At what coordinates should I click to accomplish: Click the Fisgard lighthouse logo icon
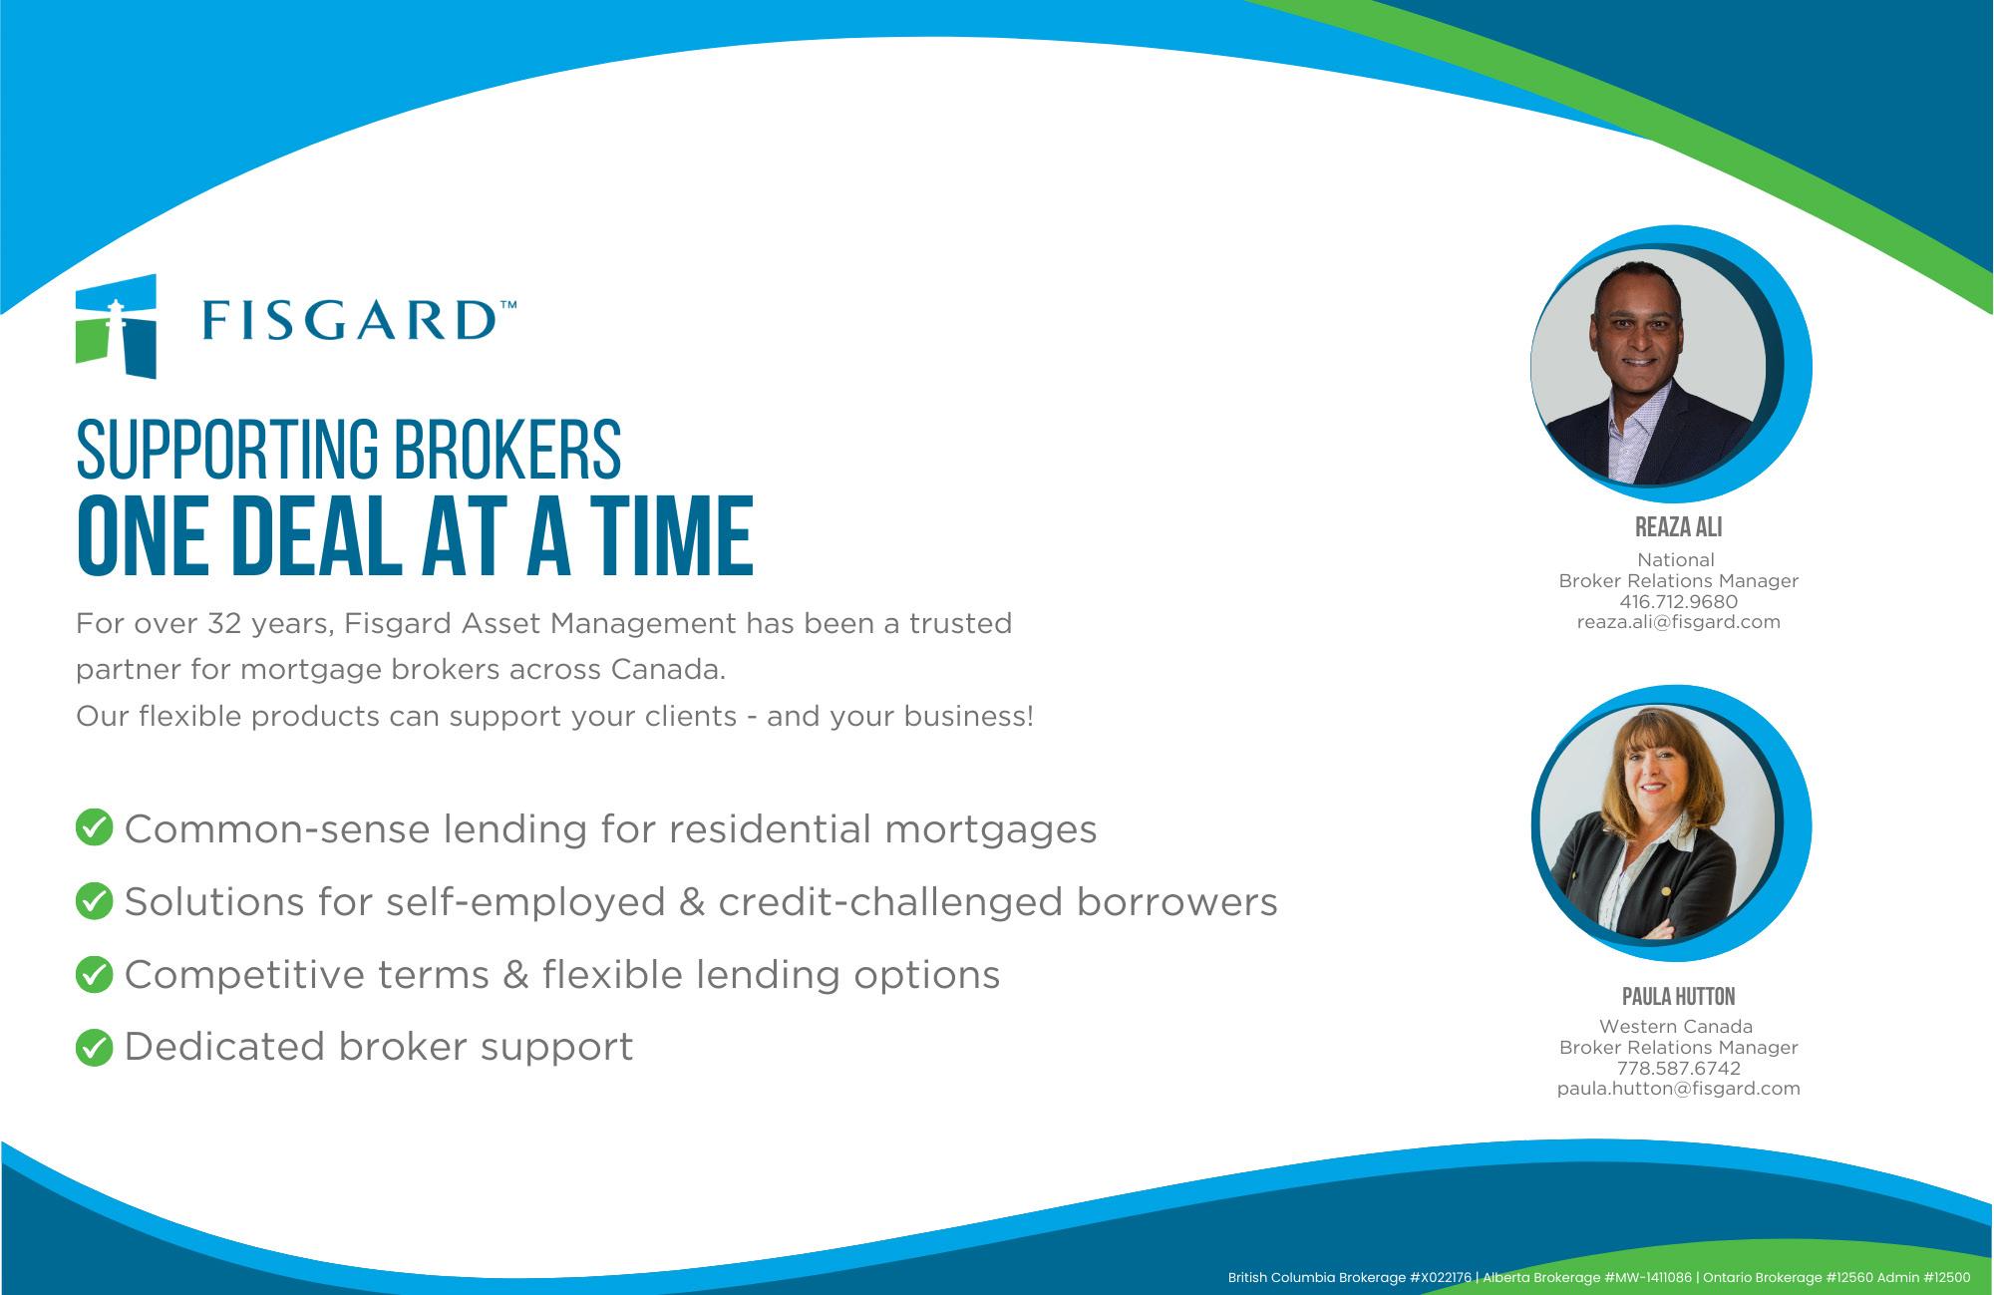pos(116,326)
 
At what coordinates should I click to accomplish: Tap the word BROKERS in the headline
pos(506,450)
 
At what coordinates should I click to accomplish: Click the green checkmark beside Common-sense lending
pos(94,827)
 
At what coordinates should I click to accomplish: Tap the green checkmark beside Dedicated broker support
pos(94,1047)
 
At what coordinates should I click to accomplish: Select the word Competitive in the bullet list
pos(244,975)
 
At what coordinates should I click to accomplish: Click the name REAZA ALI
pos(1679,526)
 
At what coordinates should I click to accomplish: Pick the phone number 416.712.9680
pos(1679,602)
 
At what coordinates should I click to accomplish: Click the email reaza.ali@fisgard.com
pos(1679,622)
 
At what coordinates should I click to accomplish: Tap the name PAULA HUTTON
pos(1679,996)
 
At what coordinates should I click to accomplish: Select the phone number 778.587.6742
pos(1679,1068)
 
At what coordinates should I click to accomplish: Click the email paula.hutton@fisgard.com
pos(1679,1089)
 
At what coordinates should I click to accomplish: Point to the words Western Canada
pos(1676,1026)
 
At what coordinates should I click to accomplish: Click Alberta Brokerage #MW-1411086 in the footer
pos(1587,1277)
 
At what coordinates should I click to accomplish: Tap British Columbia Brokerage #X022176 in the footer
pos(1350,1277)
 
